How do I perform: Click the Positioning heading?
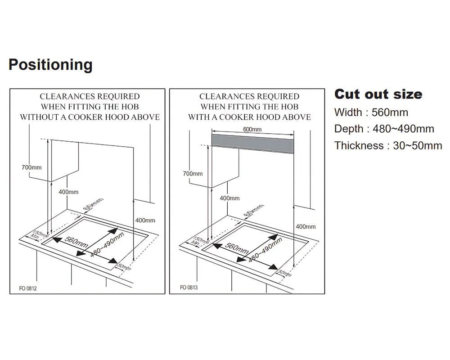[x=50, y=65]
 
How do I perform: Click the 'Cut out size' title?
[x=378, y=94]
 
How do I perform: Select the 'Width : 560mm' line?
[x=371, y=112]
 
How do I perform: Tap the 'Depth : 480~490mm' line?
[x=384, y=129]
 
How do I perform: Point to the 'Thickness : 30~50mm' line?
[x=388, y=146]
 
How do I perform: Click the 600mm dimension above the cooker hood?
[x=252, y=130]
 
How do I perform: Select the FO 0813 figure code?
[x=189, y=287]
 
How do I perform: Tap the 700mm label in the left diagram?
[x=31, y=167]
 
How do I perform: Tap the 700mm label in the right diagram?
[x=193, y=173]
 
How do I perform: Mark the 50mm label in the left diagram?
[x=124, y=267]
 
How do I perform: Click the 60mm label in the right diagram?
[x=253, y=211]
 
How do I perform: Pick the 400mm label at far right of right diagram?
[x=306, y=226]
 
